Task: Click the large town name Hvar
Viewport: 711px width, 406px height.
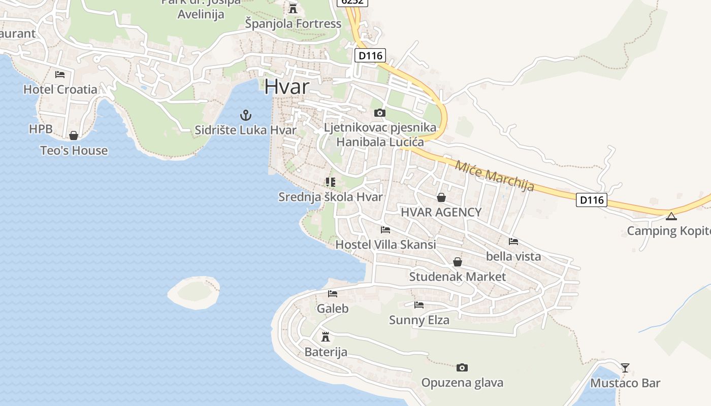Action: tap(286, 87)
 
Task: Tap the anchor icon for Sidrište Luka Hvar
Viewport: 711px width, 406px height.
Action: tap(246, 115)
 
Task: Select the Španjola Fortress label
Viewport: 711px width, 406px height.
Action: tap(293, 23)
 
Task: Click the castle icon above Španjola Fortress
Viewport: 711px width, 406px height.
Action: tap(293, 8)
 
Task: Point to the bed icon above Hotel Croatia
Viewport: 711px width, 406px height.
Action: tap(60, 75)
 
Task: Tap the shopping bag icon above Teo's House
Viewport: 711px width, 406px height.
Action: tap(74, 136)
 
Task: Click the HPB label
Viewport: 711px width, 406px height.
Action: tap(41, 129)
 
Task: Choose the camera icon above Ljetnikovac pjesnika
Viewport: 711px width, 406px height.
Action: tap(379, 113)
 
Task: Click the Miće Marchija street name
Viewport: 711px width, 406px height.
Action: tap(495, 176)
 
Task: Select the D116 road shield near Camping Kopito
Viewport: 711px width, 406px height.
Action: tap(592, 200)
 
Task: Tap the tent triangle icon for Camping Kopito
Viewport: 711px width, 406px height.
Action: tap(671, 217)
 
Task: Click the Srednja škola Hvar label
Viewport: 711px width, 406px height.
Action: tap(330, 197)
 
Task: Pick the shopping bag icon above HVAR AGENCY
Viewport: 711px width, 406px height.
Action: tap(441, 197)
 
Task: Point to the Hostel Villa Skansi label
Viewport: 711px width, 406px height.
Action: tap(385, 245)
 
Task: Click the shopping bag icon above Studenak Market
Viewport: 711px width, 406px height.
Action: tap(458, 262)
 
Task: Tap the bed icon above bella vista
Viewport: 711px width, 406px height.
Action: tap(513, 242)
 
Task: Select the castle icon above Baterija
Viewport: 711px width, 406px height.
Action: tap(326, 336)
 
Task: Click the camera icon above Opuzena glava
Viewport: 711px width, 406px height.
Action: tap(462, 367)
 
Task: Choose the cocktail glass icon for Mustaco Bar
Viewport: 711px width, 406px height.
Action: tap(625, 367)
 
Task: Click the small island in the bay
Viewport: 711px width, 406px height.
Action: tap(194, 292)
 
